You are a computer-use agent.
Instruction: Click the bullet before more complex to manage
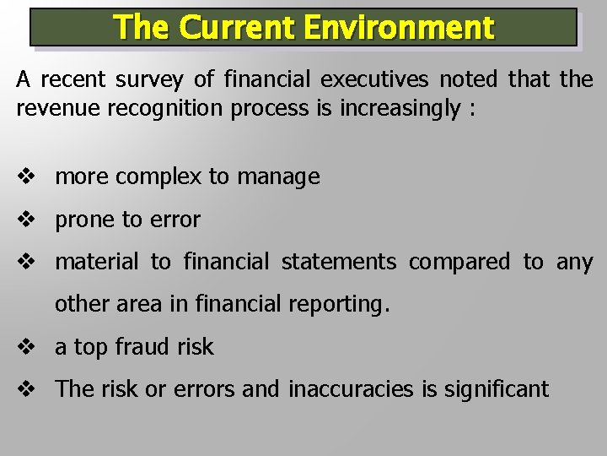click(25, 177)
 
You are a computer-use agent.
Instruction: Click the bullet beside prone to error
click(25, 220)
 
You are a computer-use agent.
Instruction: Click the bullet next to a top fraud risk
click(25, 346)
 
